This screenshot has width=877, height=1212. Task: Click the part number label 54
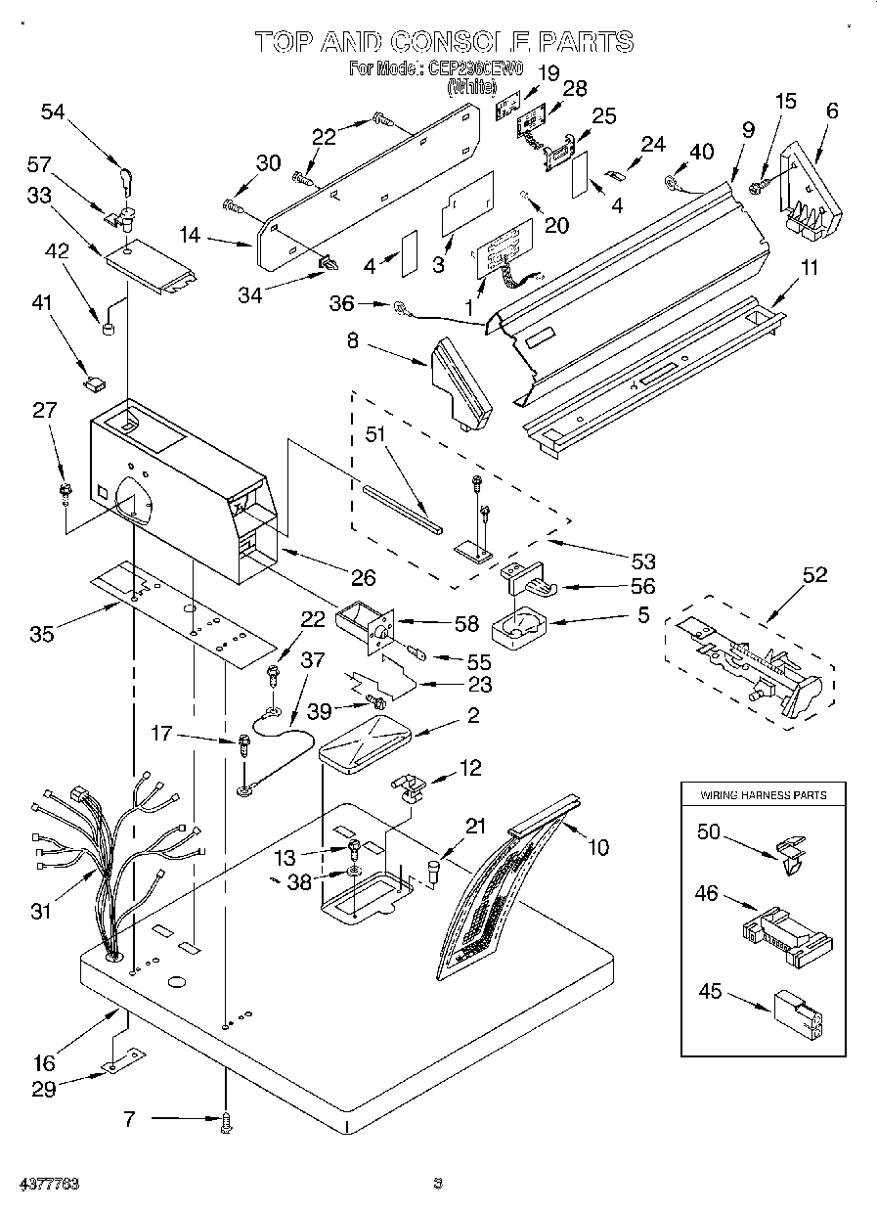pyautogui.click(x=53, y=112)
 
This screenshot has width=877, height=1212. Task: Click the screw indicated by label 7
pyautogui.click(x=227, y=1124)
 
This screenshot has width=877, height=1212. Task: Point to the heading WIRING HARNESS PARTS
pyautogui.click(x=763, y=795)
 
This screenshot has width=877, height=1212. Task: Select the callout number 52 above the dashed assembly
pyautogui.click(x=813, y=575)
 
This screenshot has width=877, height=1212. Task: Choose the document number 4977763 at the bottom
pyautogui.click(x=47, y=1185)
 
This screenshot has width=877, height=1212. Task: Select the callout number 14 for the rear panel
pyautogui.click(x=190, y=235)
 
